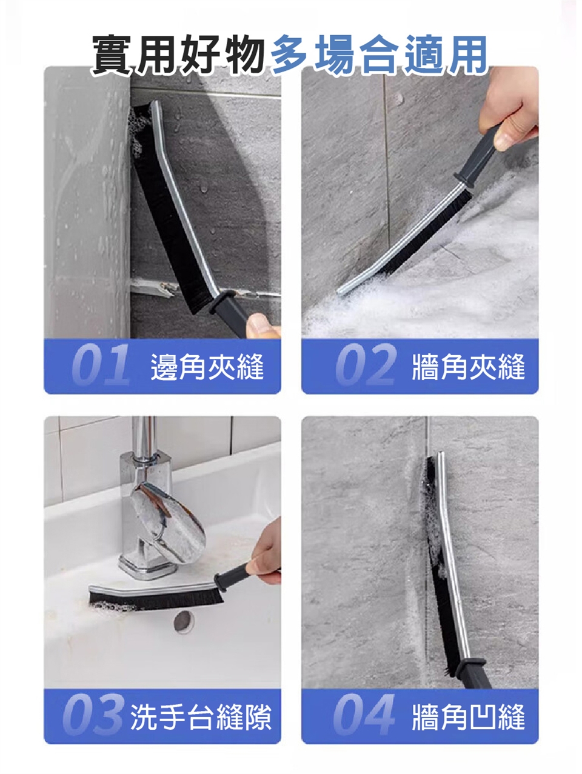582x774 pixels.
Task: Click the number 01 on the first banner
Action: tap(101, 365)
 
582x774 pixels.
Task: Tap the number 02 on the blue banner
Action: tap(366, 365)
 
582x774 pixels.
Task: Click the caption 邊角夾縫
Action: tap(207, 367)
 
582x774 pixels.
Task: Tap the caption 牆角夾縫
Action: tap(469, 367)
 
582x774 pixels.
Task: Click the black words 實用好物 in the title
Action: tap(178, 55)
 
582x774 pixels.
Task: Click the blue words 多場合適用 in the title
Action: tap(379, 55)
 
